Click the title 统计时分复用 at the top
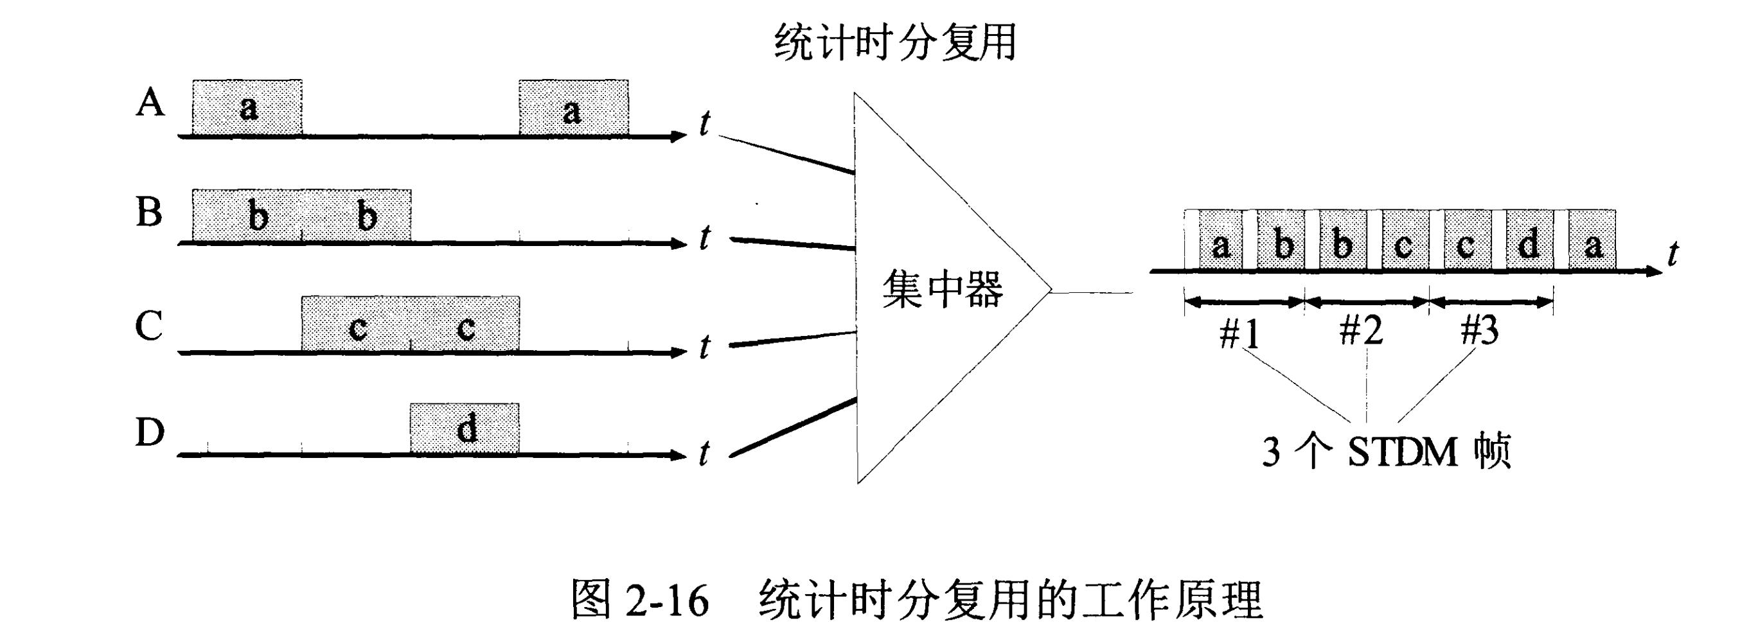tap(894, 42)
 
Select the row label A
tap(150, 104)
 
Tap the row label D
tap(150, 431)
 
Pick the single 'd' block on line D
tap(465, 428)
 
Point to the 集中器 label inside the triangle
tap(943, 289)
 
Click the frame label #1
tap(1239, 333)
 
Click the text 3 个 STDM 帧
tap(1386, 452)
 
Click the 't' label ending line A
tap(705, 123)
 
